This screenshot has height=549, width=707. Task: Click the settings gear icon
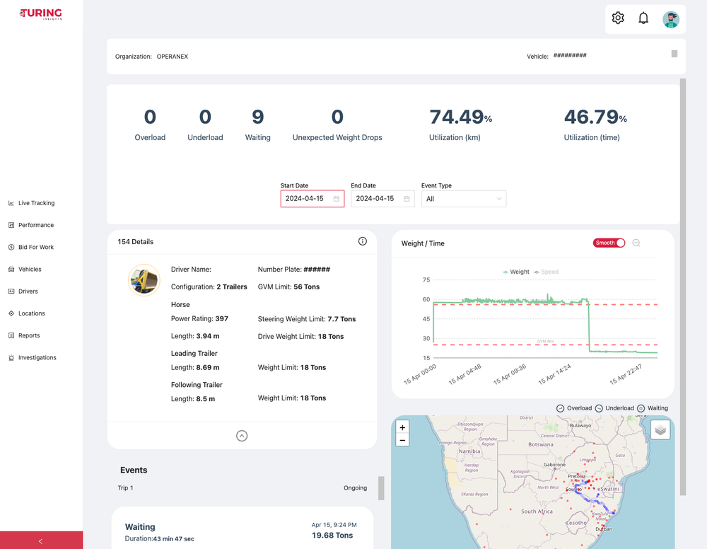tap(618, 18)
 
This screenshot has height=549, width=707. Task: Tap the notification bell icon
tap(643, 18)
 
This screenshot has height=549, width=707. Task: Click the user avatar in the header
tap(670, 19)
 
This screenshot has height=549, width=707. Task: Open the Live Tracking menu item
tap(36, 203)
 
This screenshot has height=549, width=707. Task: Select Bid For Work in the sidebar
tap(35, 247)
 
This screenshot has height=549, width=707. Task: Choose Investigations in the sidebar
tap(37, 357)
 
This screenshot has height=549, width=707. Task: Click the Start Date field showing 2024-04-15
tap(305, 199)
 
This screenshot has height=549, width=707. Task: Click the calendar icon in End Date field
tap(407, 199)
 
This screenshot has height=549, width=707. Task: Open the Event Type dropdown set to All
tap(463, 199)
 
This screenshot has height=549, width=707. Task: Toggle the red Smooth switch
tap(609, 243)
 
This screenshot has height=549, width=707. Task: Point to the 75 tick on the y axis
tap(426, 280)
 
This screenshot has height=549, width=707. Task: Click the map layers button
tap(660, 429)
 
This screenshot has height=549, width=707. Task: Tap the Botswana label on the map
tap(540, 444)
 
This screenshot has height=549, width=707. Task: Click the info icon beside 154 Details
tap(363, 241)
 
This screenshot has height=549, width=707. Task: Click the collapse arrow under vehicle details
tap(242, 436)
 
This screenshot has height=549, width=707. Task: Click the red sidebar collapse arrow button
tap(41, 541)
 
